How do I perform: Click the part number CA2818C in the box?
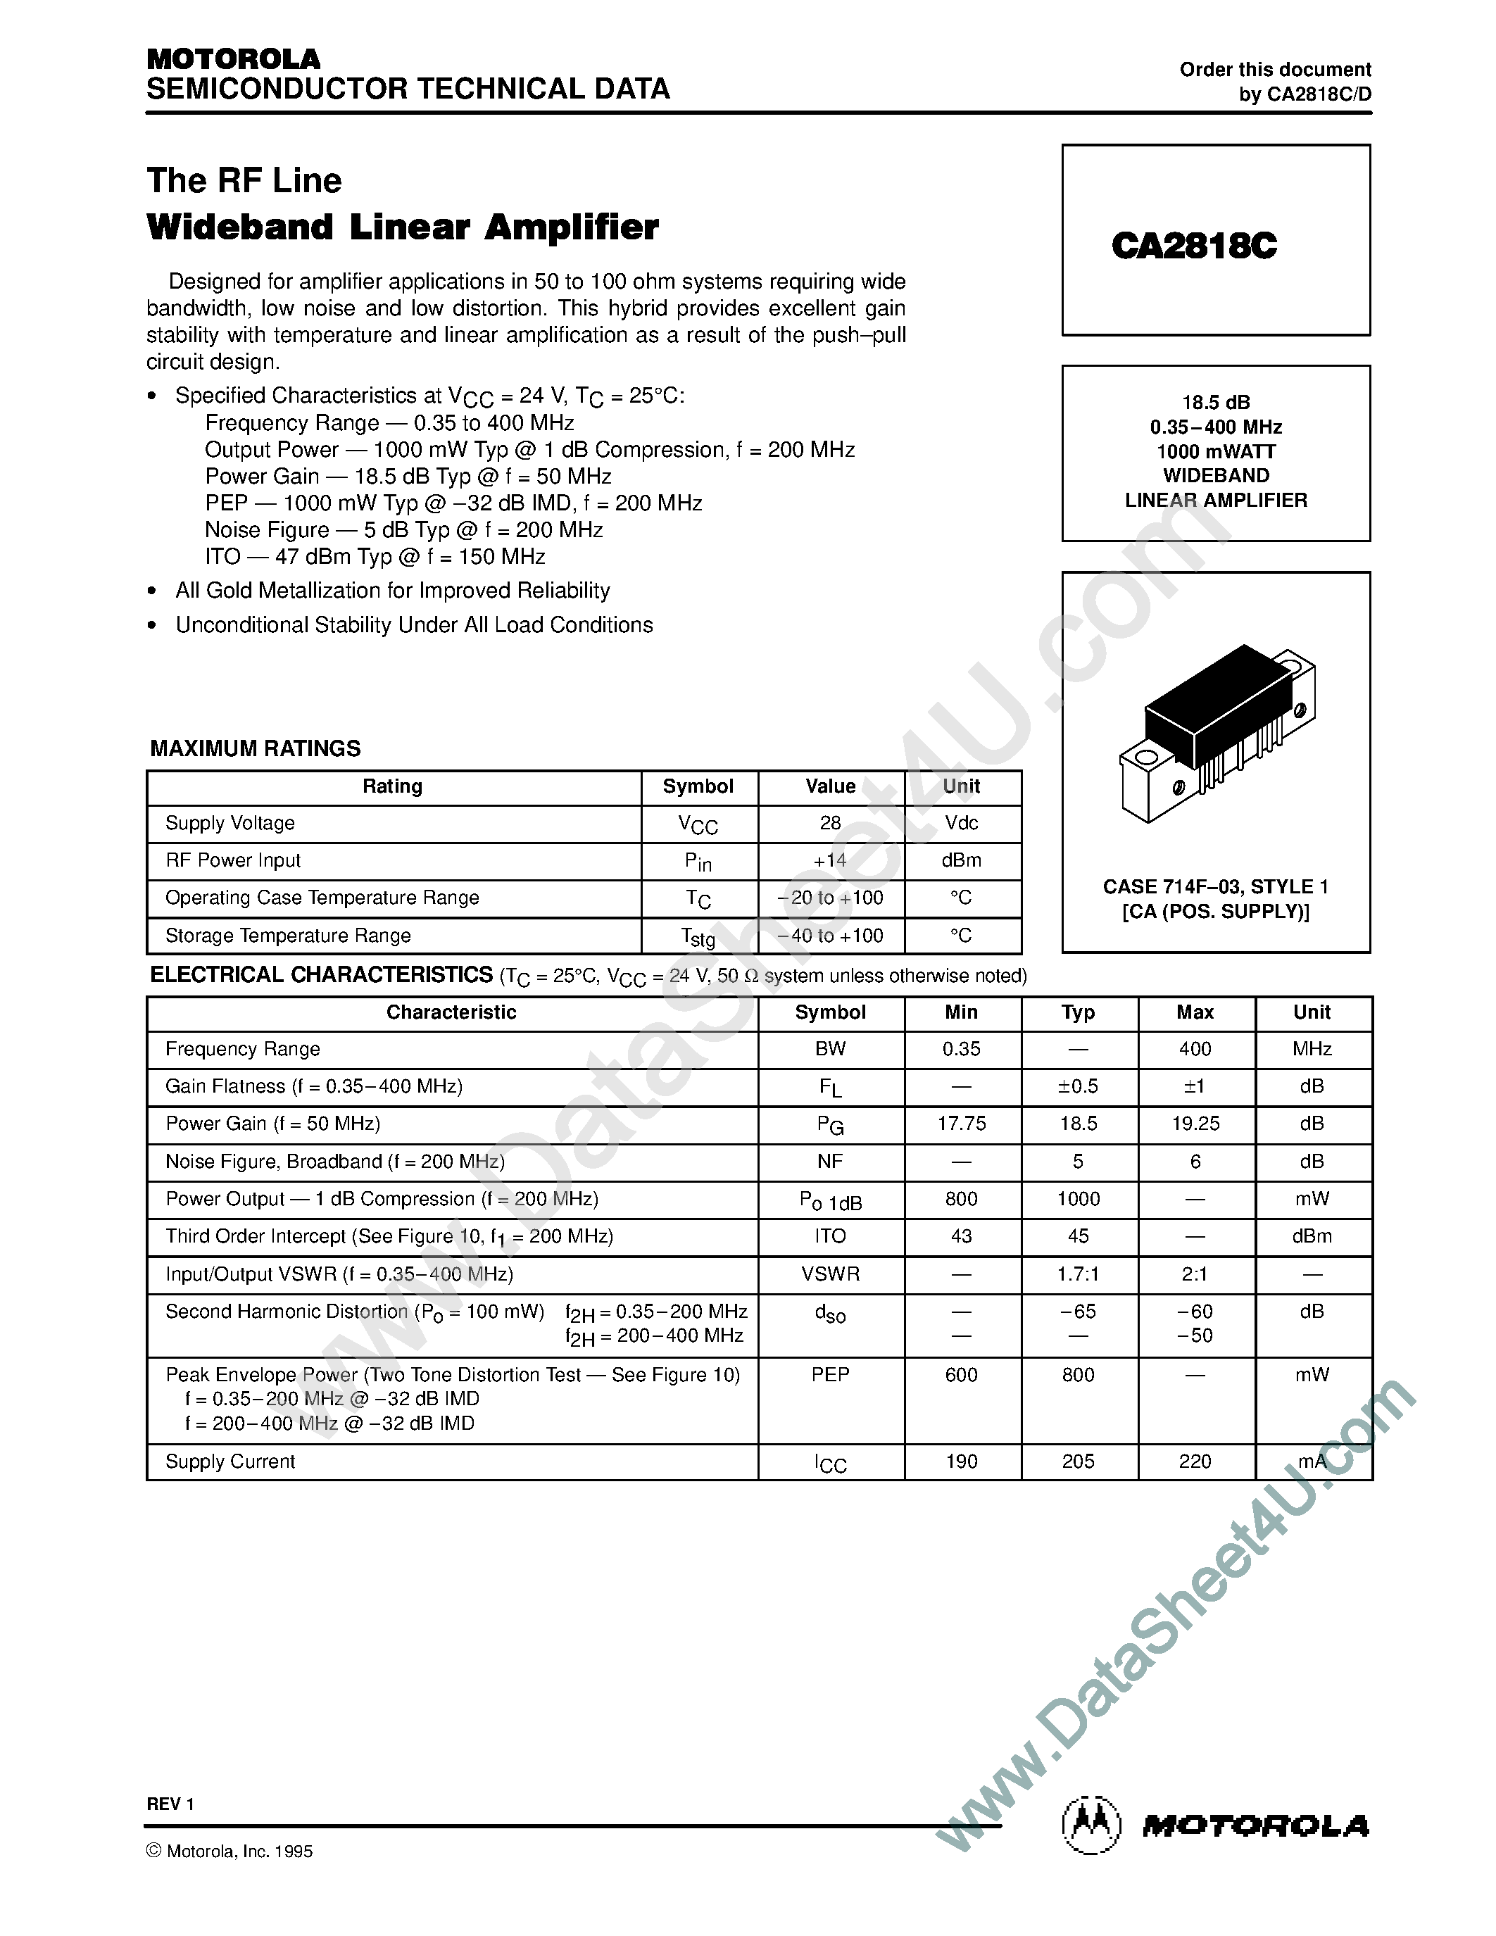point(1194,246)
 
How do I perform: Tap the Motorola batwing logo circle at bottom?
point(1091,1826)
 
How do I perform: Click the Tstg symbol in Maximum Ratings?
point(698,936)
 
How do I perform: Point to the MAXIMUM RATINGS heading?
point(256,748)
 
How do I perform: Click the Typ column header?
point(1078,1012)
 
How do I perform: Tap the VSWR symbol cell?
point(831,1274)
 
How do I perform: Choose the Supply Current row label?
point(230,1462)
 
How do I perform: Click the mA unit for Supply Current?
point(1312,1462)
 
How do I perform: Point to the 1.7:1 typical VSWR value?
point(1078,1274)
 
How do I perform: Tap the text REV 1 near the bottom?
point(170,1804)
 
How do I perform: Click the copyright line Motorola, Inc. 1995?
point(230,1851)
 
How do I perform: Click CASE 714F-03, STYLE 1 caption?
point(1215,886)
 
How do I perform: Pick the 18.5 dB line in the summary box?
point(1216,403)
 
